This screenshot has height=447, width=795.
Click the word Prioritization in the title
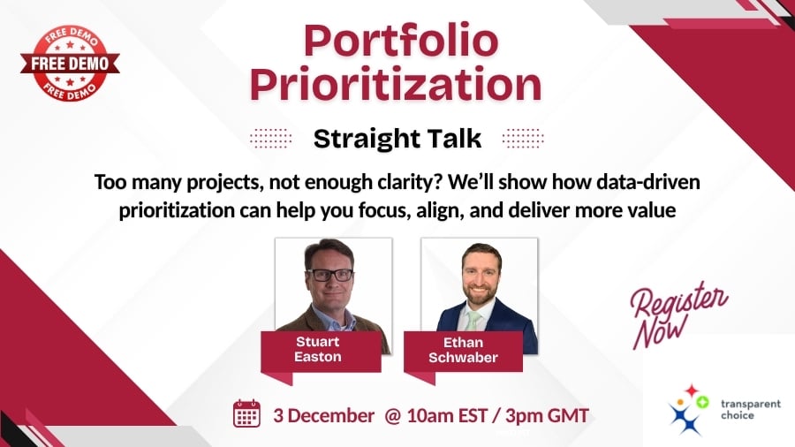tap(395, 86)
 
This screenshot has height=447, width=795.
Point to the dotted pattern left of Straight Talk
tap(272, 139)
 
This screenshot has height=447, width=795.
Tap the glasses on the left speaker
tap(329, 275)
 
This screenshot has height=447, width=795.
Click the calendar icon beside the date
tap(246, 413)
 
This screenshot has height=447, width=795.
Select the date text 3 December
tap(323, 414)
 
